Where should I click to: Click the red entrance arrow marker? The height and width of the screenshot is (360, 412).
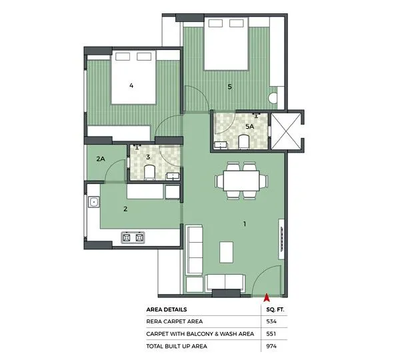coord(266,298)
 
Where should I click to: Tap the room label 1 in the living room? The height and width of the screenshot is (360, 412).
coord(245,225)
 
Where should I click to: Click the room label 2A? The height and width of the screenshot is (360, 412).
coord(101,159)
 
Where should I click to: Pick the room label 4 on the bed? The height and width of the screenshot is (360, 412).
coord(131,85)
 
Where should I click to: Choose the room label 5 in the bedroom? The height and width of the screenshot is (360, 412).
coord(229,86)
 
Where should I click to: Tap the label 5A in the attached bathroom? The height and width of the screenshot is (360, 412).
coord(250,126)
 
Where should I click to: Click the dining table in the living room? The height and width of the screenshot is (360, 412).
coord(241,181)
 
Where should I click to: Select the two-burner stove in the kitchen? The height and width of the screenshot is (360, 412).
coord(133,237)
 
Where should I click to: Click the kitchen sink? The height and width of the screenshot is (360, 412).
coord(93,201)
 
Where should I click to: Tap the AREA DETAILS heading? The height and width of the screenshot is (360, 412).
coord(167,309)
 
